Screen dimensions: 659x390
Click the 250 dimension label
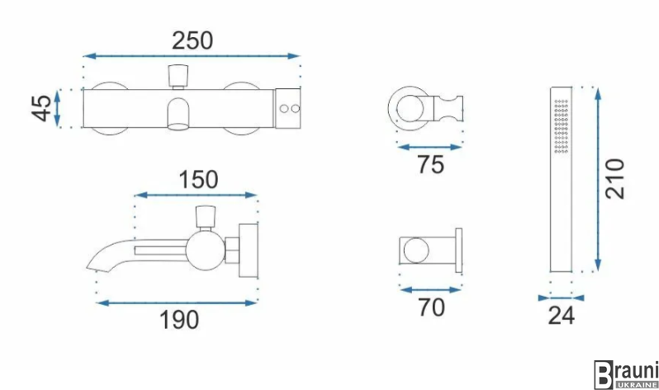tap(192, 40)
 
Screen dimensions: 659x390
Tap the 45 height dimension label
tap(42, 108)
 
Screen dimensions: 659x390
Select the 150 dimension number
tap(198, 180)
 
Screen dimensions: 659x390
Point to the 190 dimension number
tap(179, 320)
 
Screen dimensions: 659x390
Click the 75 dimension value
tap(431, 165)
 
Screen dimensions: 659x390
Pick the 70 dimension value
tap(431, 308)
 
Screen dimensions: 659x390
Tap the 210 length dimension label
tap(615, 178)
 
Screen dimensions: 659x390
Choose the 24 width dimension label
tap(561, 315)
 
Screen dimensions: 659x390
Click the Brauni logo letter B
tap(603, 375)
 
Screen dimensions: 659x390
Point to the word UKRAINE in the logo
tap(636, 384)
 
